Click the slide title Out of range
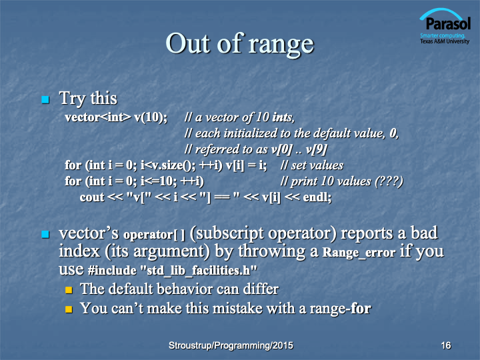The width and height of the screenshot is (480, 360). coord(240,44)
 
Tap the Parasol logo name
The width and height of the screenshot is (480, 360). coord(448,24)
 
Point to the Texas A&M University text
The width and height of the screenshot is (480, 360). coord(445,41)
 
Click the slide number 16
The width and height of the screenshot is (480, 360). coord(446,345)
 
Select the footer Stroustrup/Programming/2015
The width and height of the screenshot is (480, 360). coord(231,345)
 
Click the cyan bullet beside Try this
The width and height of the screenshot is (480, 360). coord(45,99)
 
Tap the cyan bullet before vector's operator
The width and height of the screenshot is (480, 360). coord(45,235)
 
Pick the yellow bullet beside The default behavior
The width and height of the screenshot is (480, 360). coord(69,289)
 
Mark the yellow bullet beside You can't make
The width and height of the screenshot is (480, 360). coord(69,309)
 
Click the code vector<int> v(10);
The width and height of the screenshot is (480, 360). coord(116,117)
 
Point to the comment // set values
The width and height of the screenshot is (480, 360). coord(312,165)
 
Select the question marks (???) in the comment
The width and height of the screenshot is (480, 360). coord(389,181)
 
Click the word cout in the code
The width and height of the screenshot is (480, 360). coord(92,197)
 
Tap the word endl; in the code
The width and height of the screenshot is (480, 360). coord(317,197)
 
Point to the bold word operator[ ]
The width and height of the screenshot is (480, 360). coord(154,235)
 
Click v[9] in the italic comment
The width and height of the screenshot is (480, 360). coord(317,149)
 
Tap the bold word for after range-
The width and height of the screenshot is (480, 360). coord(361,308)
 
